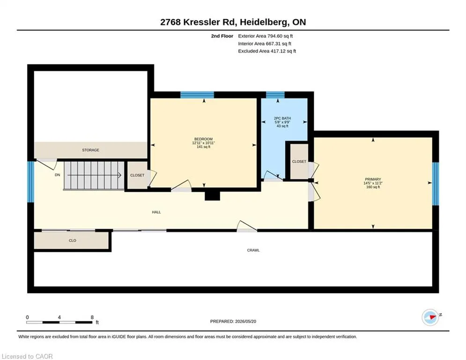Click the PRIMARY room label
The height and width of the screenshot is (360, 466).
point(373,179)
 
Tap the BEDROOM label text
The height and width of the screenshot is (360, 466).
point(204,139)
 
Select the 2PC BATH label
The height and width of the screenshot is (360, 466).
point(282,118)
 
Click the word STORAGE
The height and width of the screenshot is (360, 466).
point(91,150)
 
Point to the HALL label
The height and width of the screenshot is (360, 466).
point(156,212)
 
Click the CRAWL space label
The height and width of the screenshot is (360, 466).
point(253,250)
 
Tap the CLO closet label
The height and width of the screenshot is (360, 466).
point(73,240)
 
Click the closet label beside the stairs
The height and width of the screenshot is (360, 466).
point(137,175)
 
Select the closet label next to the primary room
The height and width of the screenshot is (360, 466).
point(299,162)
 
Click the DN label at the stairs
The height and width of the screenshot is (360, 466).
point(57,175)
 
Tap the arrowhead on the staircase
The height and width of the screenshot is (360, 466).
point(120,175)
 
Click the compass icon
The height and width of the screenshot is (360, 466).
point(430,317)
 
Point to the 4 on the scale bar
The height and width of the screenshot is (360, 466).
point(59,317)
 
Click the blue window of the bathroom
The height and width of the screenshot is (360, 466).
point(275,95)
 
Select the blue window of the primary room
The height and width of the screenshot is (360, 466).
point(436,184)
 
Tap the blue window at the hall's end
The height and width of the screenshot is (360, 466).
point(30,182)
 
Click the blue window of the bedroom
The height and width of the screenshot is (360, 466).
point(197,95)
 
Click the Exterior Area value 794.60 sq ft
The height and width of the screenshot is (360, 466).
point(280,36)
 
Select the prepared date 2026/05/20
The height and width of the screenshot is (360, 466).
point(245,321)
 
